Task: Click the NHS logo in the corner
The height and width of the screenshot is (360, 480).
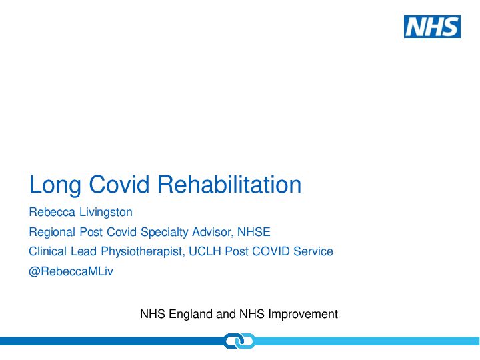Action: click(432, 27)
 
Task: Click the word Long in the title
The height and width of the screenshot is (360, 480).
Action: click(55, 185)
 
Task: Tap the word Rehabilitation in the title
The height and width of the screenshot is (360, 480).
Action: click(229, 184)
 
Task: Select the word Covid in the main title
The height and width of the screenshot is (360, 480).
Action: click(119, 184)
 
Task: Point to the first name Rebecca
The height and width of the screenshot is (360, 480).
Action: click(52, 212)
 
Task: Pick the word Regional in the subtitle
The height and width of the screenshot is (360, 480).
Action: click(52, 233)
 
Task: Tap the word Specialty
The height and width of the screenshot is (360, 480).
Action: click(165, 233)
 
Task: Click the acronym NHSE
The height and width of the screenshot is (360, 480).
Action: click(254, 232)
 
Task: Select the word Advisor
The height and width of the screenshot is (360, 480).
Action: click(213, 232)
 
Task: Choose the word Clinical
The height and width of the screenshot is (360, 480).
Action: click(48, 251)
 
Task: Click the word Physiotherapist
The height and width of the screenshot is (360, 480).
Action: click(143, 252)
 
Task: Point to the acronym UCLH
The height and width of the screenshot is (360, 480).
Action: click(205, 251)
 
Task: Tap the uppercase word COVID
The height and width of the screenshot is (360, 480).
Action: click(271, 251)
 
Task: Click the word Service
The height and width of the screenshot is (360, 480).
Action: click(313, 251)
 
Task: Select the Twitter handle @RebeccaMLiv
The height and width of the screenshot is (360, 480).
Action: click(71, 271)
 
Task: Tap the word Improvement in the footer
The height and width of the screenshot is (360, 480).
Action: click(303, 315)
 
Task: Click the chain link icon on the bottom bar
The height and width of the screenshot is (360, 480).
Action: click(239, 341)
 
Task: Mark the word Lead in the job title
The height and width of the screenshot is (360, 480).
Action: click(83, 251)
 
